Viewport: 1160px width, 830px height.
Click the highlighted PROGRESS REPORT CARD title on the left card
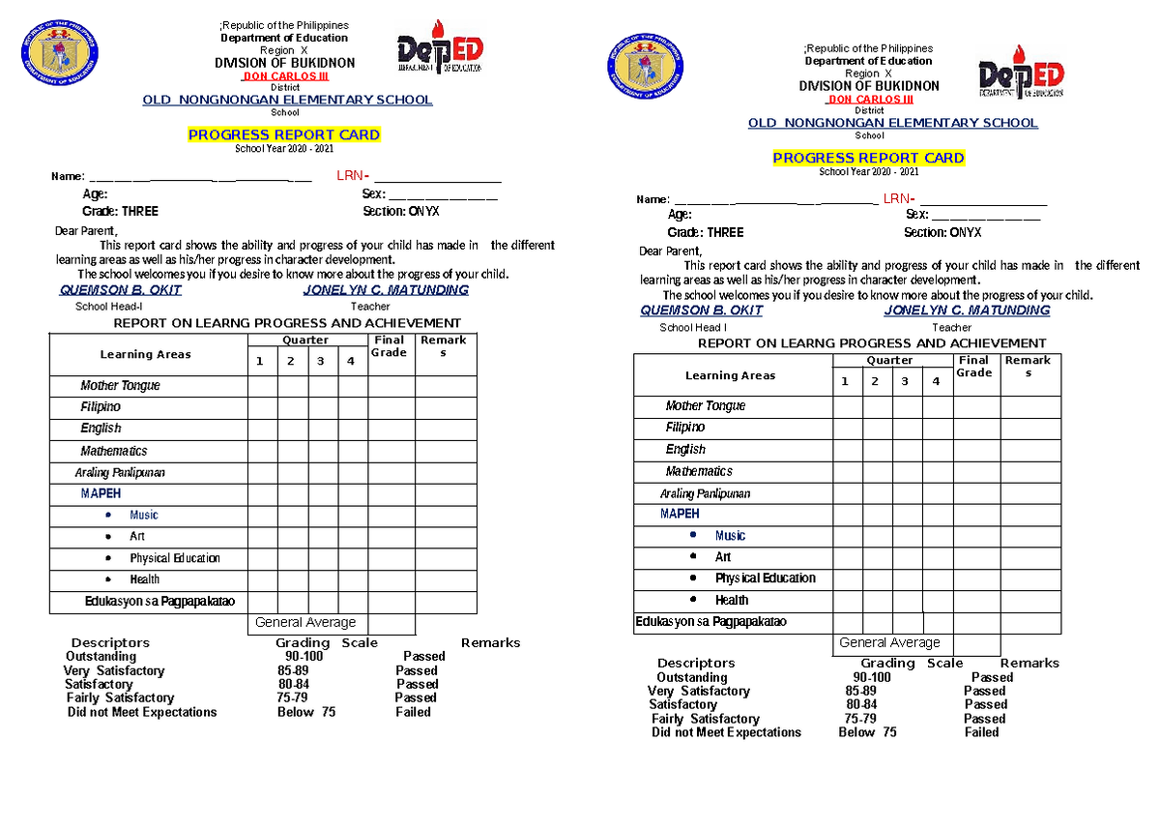coord(283,135)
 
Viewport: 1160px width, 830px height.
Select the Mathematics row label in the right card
coord(699,471)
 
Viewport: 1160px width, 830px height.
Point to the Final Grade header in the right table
coord(974,367)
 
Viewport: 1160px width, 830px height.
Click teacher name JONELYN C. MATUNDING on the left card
coord(386,290)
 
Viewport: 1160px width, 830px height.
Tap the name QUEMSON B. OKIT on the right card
coord(701,311)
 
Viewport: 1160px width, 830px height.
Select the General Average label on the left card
coord(305,623)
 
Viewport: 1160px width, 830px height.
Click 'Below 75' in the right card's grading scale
coord(867,732)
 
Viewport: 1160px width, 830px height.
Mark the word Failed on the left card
coord(413,712)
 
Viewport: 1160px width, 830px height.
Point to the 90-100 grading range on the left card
coord(299,656)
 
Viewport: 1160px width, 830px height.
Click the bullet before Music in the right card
coord(693,535)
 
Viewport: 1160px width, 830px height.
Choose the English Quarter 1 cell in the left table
coord(262,429)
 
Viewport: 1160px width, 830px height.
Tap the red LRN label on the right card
coord(895,199)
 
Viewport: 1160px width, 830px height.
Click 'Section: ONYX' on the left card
coord(401,211)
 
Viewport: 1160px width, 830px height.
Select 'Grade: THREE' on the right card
coord(706,232)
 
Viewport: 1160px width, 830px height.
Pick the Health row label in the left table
coord(144,579)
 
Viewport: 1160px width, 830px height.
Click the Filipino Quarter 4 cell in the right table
coord(937,428)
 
